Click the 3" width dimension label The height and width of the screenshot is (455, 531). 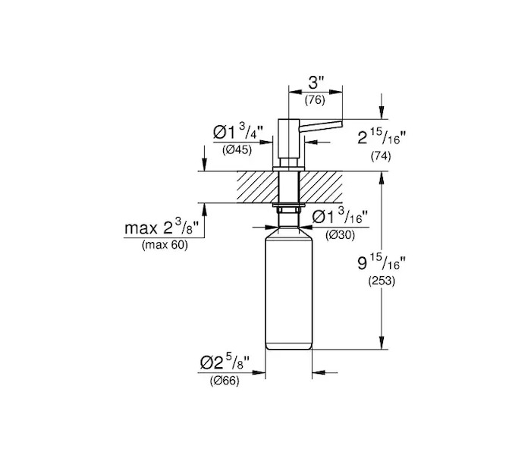point(316,82)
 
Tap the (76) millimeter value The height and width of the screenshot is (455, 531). point(315,100)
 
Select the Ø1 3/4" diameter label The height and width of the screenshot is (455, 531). point(238,131)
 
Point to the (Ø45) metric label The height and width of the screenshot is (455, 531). point(237,149)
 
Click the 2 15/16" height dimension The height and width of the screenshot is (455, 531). point(382,137)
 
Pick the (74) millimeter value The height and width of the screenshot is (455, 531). point(381,156)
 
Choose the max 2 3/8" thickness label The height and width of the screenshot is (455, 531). point(161,227)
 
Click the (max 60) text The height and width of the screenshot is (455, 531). point(165,245)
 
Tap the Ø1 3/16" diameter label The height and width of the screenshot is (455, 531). point(340,217)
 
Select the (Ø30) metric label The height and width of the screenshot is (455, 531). point(340,235)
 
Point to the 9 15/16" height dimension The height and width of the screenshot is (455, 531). point(382,262)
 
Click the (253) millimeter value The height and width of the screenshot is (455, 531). point(382,281)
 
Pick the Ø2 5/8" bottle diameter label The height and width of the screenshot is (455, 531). point(225,362)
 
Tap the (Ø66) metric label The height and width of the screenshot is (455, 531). point(225,381)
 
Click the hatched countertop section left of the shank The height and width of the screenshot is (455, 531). point(257,187)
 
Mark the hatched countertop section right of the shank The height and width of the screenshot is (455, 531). point(320,187)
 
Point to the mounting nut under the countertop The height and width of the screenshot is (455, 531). point(289,209)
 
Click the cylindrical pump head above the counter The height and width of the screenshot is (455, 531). point(289,139)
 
